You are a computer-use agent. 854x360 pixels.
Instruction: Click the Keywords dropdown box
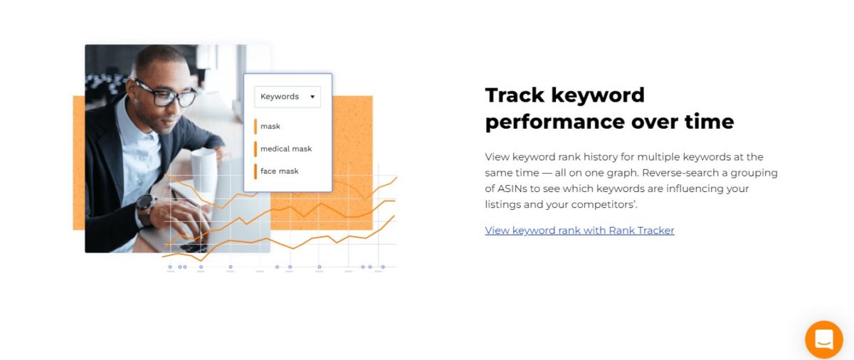pos(288,97)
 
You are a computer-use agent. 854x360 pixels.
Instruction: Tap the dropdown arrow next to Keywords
pos(312,97)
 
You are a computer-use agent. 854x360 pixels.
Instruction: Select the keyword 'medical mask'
pos(286,149)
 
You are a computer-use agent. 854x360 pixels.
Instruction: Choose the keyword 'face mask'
pos(280,171)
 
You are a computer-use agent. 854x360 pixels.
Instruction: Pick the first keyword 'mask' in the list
pos(270,126)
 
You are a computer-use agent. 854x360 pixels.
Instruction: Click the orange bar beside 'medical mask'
pos(255,149)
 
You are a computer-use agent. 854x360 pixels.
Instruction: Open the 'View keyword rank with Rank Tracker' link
pos(579,231)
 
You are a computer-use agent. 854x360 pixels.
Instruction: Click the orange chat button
pos(824,339)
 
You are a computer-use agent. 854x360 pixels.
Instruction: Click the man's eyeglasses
pos(166,94)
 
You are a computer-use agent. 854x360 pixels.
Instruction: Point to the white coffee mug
pos(204,169)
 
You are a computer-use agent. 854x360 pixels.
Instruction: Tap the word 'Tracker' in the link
pos(655,231)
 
